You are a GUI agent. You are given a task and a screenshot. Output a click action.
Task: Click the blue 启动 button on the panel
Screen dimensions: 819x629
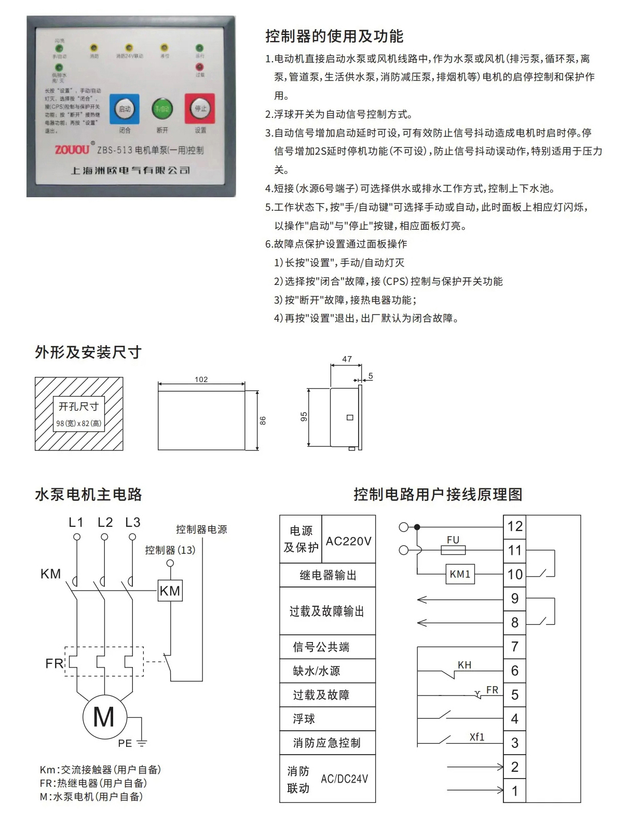125,109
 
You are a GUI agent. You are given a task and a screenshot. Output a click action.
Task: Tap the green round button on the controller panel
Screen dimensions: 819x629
162,109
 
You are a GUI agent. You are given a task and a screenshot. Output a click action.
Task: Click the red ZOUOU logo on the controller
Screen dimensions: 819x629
72,150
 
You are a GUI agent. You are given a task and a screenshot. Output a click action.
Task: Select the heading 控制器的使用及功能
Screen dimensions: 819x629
334,36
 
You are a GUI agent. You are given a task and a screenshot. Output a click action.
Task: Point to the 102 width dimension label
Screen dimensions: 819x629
201,379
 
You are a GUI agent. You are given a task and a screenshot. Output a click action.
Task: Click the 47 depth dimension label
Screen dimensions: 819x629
347,359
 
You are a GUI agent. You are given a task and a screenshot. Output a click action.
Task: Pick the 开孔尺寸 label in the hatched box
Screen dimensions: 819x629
78,406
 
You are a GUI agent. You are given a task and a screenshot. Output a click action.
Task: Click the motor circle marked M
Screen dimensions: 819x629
104,717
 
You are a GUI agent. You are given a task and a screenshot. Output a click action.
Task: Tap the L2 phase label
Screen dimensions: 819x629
105,523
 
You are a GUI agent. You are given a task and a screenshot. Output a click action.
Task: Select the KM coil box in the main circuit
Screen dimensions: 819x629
170,591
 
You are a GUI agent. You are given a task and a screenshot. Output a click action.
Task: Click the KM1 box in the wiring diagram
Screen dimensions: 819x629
460,574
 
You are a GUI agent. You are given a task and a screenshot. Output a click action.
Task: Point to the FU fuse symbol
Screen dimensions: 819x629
453,550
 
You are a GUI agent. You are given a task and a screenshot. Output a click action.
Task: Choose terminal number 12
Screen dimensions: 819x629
515,526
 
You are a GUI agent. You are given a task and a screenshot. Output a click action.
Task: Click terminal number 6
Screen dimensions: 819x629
515,671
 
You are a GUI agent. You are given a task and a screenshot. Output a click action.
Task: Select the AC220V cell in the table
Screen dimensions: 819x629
348,541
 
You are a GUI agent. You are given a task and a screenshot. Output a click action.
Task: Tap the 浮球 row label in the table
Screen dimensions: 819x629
304,719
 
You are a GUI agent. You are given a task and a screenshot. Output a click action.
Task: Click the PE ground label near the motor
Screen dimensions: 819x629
125,743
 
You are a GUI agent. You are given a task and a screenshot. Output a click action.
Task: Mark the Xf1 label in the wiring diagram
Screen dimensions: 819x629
476,736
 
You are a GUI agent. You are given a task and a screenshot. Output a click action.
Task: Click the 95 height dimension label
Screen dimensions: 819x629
304,417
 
